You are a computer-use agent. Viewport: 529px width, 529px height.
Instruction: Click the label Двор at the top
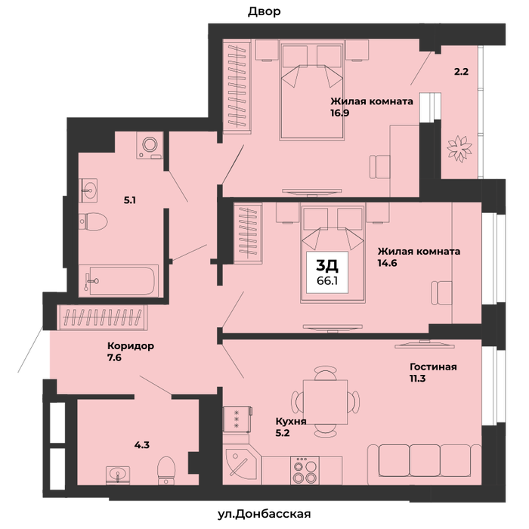(x=264, y=12)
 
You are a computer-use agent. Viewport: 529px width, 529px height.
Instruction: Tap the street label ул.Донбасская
(x=264, y=514)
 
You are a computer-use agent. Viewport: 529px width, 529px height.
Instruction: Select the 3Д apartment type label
(x=327, y=266)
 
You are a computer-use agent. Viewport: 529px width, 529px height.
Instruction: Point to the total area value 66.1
(x=327, y=281)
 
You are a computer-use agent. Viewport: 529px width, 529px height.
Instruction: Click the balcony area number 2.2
(x=461, y=72)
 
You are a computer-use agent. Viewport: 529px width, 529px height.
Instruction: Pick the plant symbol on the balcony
(x=459, y=148)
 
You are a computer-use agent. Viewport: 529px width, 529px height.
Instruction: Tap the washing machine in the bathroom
(x=150, y=145)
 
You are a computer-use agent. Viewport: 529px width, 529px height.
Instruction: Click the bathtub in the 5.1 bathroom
(x=119, y=280)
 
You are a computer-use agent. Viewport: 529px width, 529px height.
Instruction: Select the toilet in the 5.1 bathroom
(x=93, y=221)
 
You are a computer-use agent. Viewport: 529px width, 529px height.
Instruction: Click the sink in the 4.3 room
(x=118, y=475)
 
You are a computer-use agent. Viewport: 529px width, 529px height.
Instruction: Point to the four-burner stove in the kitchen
(x=305, y=470)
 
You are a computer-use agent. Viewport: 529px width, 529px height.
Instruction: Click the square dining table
(x=325, y=402)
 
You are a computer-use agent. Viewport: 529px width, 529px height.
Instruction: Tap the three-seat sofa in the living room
(x=425, y=465)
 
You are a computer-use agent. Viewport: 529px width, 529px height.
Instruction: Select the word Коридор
(x=131, y=346)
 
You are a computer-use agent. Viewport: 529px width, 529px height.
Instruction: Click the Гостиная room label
(x=433, y=367)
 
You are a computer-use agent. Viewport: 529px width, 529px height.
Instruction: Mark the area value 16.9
(x=340, y=113)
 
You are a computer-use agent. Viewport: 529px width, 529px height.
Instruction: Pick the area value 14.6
(x=387, y=263)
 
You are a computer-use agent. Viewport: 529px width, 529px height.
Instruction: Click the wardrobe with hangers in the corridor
(x=102, y=317)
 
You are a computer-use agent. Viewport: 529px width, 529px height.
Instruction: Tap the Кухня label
(x=291, y=422)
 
